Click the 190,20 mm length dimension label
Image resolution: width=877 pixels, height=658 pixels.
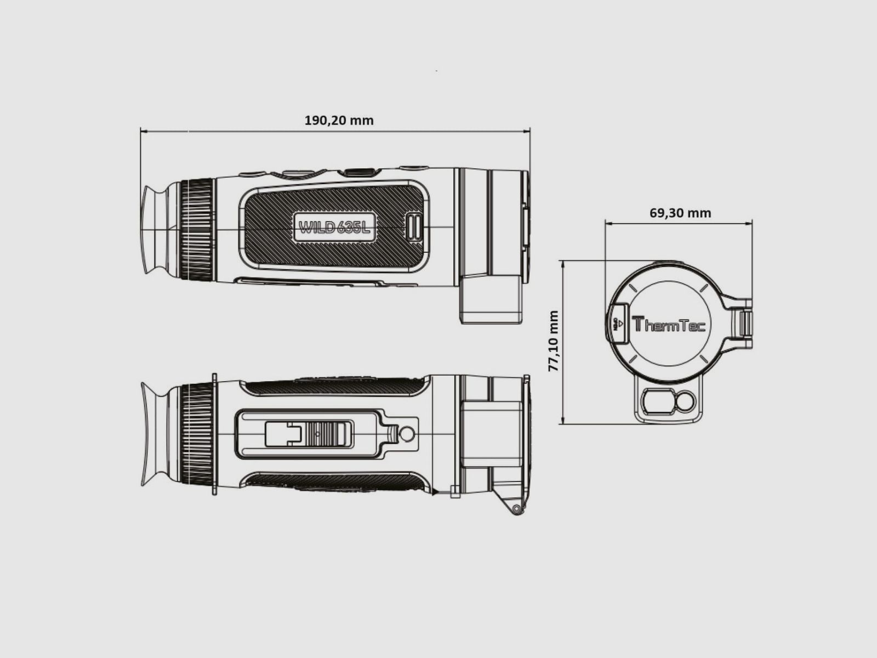coord(339,120)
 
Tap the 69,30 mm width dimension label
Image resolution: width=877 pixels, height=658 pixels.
coord(680,213)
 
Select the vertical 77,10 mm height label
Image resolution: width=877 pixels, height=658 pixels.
coord(554,341)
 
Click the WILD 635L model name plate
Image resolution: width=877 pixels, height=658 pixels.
coord(334,226)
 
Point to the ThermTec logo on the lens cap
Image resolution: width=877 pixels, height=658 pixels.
coord(669,325)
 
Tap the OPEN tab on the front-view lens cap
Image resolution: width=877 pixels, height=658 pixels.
coord(617,324)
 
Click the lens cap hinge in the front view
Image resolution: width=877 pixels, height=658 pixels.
coord(745,324)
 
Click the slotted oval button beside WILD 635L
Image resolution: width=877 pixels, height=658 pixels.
coord(414,227)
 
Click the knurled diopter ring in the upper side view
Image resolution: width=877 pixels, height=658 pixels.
coord(196,229)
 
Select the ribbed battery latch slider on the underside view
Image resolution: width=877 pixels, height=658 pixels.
coord(328,433)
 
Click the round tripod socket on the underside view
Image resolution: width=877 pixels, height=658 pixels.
coord(407,434)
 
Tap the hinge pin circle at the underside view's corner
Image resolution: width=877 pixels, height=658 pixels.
coord(516,510)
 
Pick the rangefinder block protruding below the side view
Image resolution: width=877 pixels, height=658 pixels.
coord(491,299)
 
